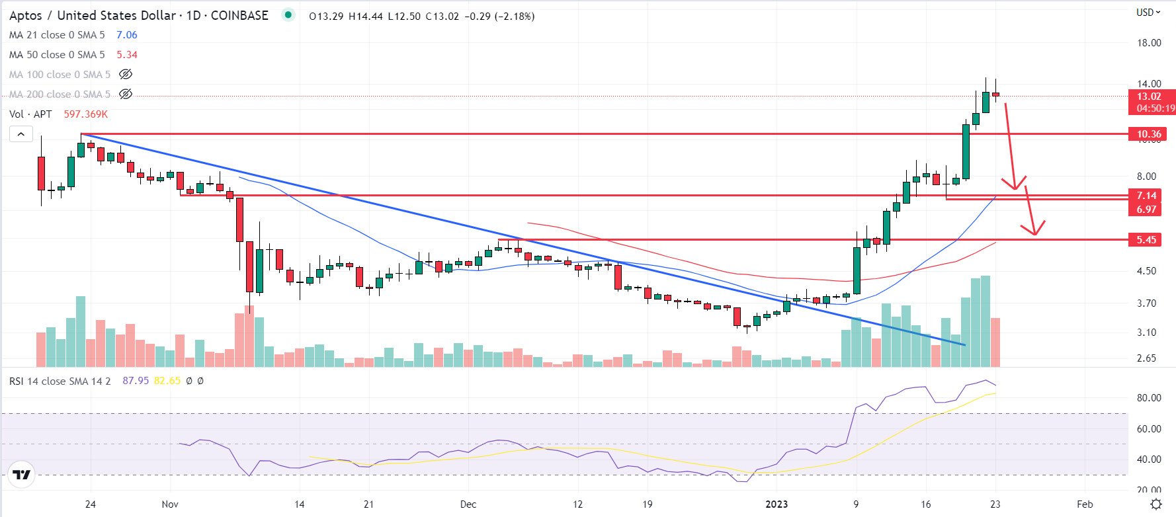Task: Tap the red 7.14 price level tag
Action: coord(1146,195)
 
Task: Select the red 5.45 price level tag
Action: coord(1146,239)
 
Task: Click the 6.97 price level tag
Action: coord(1146,209)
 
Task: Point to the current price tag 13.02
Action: coord(1149,97)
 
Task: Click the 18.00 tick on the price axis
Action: coord(1149,43)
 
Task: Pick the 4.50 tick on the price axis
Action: coord(1146,270)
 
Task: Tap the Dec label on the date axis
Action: coord(468,504)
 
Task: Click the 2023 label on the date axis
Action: coord(776,504)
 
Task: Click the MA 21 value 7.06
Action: coord(127,35)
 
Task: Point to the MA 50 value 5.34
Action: coord(127,55)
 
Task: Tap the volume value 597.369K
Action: coord(85,114)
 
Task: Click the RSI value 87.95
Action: coord(136,381)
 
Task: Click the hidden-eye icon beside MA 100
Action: coord(125,75)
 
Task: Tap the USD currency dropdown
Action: coord(1148,13)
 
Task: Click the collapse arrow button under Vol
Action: coord(21,134)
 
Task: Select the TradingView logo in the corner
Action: coord(21,474)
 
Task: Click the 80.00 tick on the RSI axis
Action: coord(1149,397)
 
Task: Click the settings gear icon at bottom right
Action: coord(1156,504)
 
